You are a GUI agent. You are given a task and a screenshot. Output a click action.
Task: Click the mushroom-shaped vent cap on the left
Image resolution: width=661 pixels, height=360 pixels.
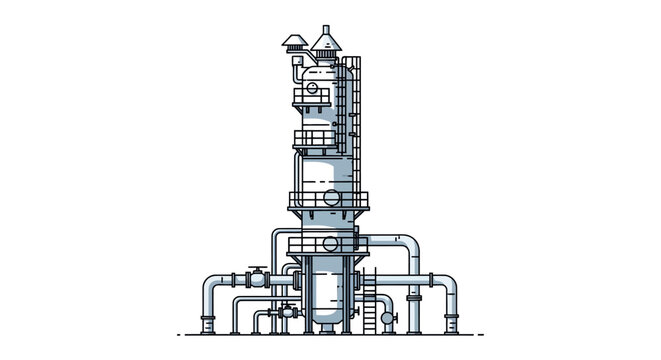(x=294, y=42)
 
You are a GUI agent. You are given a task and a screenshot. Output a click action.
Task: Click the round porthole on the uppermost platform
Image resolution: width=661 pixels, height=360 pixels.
(x=312, y=90)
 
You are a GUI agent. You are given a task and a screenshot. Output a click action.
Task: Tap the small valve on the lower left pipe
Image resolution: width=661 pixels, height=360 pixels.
(x=288, y=311)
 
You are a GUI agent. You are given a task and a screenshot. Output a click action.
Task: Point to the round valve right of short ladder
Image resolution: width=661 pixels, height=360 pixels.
(x=389, y=318)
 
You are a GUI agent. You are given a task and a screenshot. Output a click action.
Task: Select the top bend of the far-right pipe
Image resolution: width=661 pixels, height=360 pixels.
(x=448, y=282)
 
